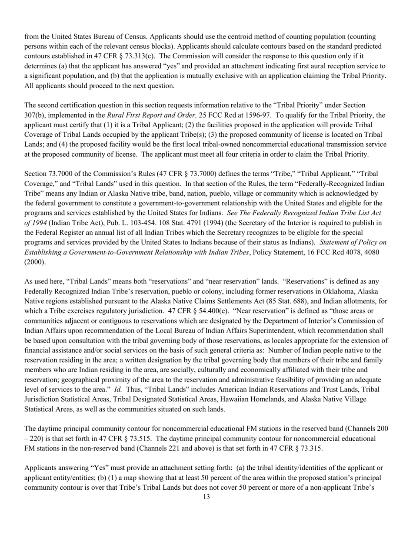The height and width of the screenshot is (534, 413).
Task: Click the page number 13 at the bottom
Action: pos(206,497)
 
